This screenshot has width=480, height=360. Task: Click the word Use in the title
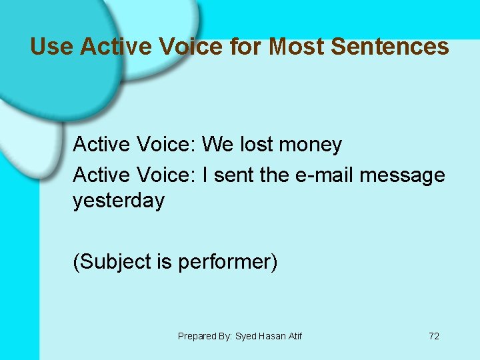point(52,47)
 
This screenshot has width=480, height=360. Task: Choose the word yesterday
point(119,201)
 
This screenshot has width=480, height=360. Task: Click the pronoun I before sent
point(205,175)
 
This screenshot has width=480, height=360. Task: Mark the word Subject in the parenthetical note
point(114,262)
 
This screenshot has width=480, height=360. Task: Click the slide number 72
point(434,336)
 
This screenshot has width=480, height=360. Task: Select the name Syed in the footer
point(244,336)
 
